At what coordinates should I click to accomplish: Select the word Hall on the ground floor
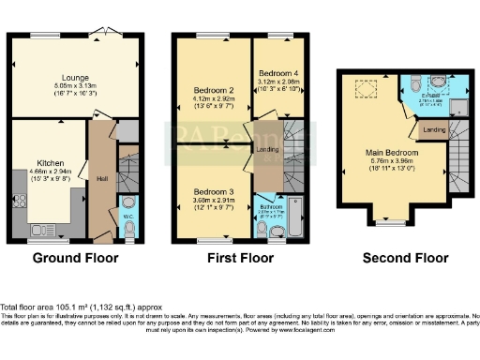point(100,178)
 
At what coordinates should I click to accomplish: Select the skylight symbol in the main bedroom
point(361,87)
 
